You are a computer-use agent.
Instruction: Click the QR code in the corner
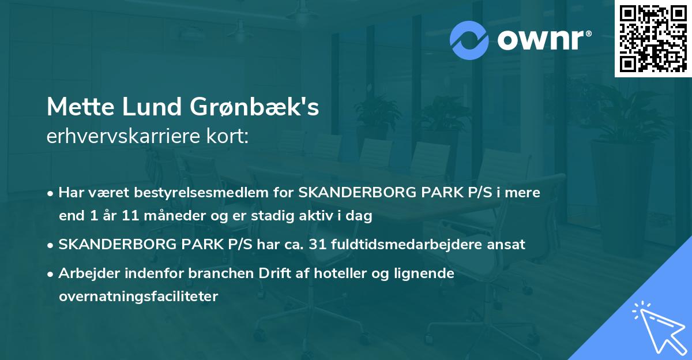(x=653, y=38)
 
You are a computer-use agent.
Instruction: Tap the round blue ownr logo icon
(x=469, y=40)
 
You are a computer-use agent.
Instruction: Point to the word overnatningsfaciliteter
(x=138, y=297)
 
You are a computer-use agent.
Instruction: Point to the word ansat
(x=507, y=244)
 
